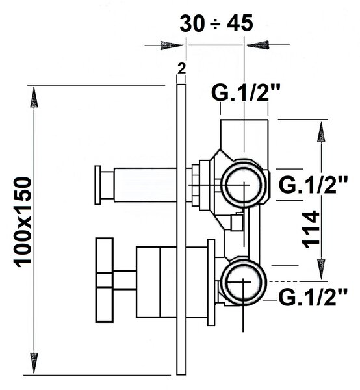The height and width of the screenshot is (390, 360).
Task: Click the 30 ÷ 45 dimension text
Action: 216,23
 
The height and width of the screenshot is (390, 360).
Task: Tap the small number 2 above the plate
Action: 182,68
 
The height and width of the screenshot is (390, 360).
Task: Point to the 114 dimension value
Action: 311,229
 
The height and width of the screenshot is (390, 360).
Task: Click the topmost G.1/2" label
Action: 246,92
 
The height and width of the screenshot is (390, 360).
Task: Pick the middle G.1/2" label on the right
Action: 313,185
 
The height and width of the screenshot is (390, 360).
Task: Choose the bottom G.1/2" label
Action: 313,297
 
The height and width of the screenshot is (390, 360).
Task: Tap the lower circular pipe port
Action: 244,281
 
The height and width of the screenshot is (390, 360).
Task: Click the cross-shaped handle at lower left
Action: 105,280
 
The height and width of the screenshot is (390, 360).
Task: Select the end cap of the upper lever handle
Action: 97,185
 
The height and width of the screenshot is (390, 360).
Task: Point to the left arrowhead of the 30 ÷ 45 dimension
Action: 172,45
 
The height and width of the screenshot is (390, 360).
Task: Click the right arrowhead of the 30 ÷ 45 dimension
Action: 258,45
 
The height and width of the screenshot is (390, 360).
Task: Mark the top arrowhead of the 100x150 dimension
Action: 34,97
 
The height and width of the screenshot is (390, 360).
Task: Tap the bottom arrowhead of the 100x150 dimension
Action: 34,362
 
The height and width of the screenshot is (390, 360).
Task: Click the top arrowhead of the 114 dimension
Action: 321,131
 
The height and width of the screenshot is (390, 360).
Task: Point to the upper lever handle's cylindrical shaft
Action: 145,185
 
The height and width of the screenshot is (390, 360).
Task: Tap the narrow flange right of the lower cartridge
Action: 211,283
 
